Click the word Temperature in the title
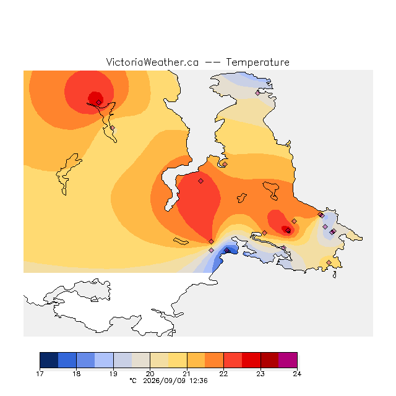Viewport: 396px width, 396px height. tap(257, 62)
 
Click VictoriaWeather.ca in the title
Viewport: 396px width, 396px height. tap(152, 62)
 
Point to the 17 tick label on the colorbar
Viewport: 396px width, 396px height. tap(40, 374)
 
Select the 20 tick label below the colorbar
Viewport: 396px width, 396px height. tap(150, 374)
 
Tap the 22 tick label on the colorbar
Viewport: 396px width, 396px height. tap(223, 374)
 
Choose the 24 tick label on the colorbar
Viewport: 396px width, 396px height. tap(297, 374)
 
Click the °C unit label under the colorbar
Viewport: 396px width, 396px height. tap(133, 381)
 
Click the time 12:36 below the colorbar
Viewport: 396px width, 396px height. tap(199, 381)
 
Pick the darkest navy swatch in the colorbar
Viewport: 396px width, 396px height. tap(49, 360)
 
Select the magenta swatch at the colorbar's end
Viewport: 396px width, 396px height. tap(288, 360)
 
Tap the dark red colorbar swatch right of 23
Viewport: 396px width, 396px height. tap(270, 360)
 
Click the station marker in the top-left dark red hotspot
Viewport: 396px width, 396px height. tap(99, 102)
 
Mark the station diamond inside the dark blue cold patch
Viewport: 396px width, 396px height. tap(227, 250)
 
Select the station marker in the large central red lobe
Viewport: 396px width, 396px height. tap(200, 181)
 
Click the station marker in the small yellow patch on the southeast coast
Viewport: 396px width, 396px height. tap(329, 262)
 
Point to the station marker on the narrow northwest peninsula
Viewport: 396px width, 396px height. tap(113, 128)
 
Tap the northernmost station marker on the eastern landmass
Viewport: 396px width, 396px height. tap(257, 93)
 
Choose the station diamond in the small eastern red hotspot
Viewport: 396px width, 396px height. tap(288, 230)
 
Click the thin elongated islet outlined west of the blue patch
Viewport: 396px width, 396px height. tap(181, 241)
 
